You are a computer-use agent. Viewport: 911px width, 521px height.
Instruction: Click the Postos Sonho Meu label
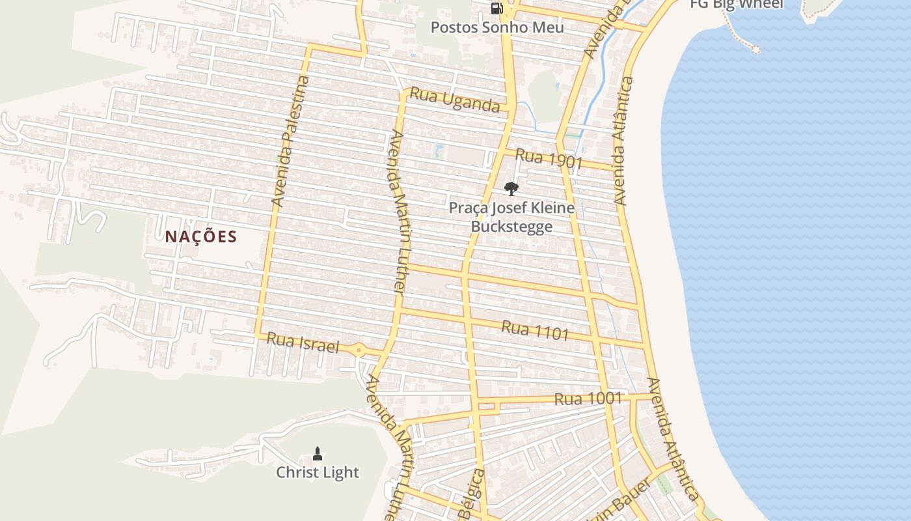pyautogui.click(x=497, y=28)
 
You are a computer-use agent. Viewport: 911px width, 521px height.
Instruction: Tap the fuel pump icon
pyautogui.click(x=496, y=8)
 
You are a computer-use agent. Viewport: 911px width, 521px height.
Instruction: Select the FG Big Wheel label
pyautogui.click(x=737, y=4)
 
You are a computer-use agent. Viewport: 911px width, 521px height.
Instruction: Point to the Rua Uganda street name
pyautogui.click(x=454, y=101)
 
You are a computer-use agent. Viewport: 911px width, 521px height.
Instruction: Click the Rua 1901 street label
pyautogui.click(x=548, y=159)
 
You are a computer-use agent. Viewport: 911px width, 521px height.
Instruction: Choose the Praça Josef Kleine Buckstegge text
pyautogui.click(x=511, y=217)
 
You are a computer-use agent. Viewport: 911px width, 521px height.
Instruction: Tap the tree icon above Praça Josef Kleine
pyautogui.click(x=511, y=189)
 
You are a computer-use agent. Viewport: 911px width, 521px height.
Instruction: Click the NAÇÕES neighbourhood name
pyautogui.click(x=200, y=236)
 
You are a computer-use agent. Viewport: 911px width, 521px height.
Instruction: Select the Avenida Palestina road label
pyautogui.click(x=290, y=142)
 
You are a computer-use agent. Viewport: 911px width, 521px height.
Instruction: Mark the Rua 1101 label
pyautogui.click(x=535, y=331)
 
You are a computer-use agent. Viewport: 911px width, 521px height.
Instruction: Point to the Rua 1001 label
pyautogui.click(x=588, y=399)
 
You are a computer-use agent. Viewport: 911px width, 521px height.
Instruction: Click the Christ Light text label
pyautogui.click(x=318, y=472)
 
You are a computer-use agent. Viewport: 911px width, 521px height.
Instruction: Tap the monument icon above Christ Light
pyautogui.click(x=318, y=453)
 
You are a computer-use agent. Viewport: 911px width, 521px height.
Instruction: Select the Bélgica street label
pyautogui.click(x=472, y=495)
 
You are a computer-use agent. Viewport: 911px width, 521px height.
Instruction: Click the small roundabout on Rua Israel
pyautogui.click(x=359, y=350)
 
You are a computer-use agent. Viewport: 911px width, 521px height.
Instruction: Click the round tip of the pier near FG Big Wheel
pyautogui.click(x=755, y=49)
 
